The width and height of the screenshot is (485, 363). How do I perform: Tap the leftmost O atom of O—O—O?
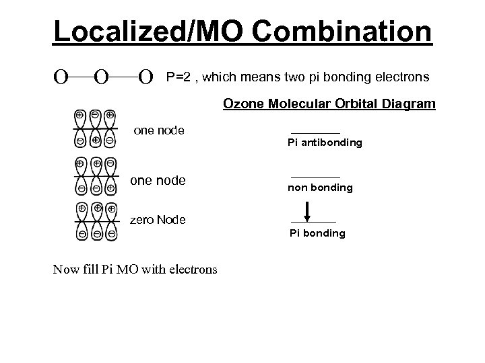pos(61,78)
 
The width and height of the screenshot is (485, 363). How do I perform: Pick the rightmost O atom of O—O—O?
pos(145,78)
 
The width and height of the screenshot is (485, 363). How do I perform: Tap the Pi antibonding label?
pos(325,143)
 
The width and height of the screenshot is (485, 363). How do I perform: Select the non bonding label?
pos(321,188)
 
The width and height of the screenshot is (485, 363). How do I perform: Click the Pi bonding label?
pos(317,233)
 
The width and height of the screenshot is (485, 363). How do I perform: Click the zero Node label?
pos(157,220)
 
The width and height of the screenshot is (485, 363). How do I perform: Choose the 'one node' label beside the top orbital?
pos(159,130)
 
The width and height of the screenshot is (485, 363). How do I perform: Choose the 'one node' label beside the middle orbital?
pos(157,180)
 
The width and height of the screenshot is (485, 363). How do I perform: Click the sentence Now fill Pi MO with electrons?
pos(135,270)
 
